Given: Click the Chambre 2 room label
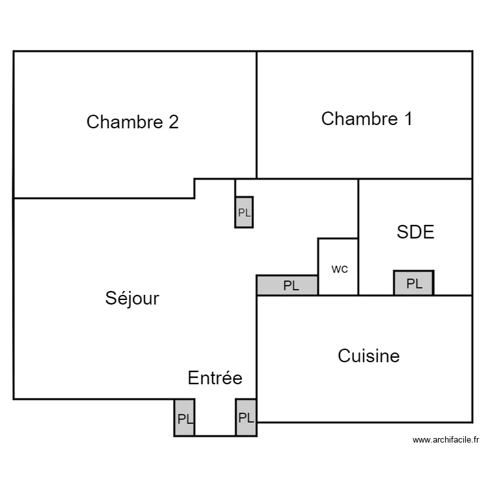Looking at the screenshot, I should pos(132,122).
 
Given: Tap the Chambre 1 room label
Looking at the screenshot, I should pos(367,119).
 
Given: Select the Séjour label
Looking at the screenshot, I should pos(132,298).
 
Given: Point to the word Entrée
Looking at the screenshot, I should pos(215,378).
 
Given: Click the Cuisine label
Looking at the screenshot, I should pos(369,356).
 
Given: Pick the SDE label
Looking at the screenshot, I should pos(415,232).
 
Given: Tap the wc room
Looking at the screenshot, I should pos(338,268).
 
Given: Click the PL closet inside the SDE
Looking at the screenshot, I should pos(413,283).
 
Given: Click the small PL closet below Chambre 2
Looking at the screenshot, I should pos(244,213).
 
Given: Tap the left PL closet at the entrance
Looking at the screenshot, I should pos(185,418).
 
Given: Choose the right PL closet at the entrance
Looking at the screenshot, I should pos(246,418).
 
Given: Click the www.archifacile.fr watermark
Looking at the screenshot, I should pos(446,440).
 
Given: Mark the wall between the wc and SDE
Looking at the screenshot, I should pos(358,266).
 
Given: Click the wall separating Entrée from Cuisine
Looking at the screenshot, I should pos(257,350).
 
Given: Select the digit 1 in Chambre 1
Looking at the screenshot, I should pos(407,119).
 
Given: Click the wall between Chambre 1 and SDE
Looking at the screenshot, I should pos(415,179).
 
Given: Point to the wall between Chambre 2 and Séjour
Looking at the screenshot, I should pos(104,198).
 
